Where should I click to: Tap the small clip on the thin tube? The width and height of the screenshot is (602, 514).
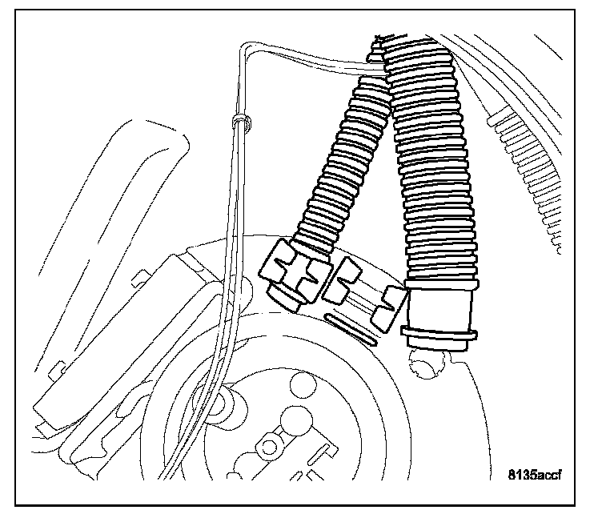(239, 122)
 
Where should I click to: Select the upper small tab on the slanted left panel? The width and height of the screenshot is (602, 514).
(138, 277)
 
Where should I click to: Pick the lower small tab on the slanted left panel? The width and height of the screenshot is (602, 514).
(55, 369)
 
